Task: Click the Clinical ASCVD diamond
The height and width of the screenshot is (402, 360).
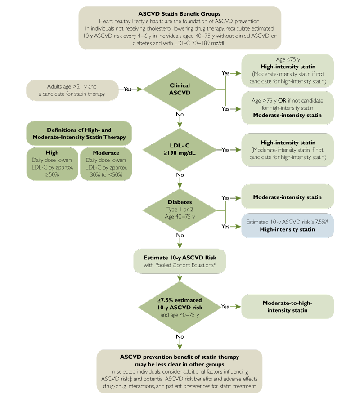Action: (180, 89)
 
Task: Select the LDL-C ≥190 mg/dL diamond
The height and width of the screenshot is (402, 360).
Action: (180, 150)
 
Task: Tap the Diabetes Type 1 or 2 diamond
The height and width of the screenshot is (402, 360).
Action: (180, 210)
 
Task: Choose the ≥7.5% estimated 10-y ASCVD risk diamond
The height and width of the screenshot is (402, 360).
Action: (180, 307)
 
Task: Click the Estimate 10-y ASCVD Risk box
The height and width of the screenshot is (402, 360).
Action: (180, 261)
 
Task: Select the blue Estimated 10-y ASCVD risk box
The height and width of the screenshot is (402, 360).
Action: (288, 225)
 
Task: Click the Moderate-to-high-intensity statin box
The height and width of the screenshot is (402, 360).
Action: (288, 307)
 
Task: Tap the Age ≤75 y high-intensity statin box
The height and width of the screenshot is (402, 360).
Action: (288, 70)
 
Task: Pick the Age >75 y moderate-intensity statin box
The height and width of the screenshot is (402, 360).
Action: (288, 108)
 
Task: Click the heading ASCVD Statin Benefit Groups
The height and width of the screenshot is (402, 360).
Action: (180, 13)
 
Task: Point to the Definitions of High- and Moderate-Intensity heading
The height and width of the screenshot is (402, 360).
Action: (79, 133)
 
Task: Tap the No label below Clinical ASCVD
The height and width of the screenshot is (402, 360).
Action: (180, 115)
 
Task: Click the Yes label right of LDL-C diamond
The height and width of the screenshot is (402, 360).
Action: (225, 150)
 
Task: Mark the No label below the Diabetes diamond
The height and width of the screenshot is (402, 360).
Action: (180, 235)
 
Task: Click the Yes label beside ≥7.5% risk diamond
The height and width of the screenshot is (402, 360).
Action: (225, 307)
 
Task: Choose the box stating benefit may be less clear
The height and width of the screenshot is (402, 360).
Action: (180, 371)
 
